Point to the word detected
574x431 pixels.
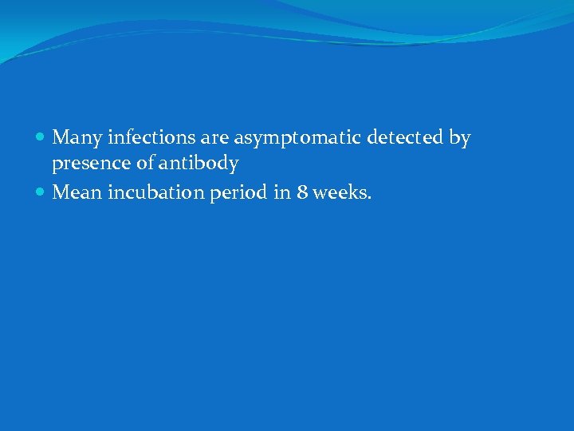405,138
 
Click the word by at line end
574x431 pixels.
460,139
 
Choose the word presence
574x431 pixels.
87,164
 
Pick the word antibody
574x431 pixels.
199,164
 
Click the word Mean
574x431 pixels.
77,192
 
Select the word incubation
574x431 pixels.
152,192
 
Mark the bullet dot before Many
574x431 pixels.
41,139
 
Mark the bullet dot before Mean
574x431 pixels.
41,192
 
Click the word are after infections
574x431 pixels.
214,139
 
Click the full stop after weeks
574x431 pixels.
369,198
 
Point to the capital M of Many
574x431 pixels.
60,138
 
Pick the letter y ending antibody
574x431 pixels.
234,165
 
